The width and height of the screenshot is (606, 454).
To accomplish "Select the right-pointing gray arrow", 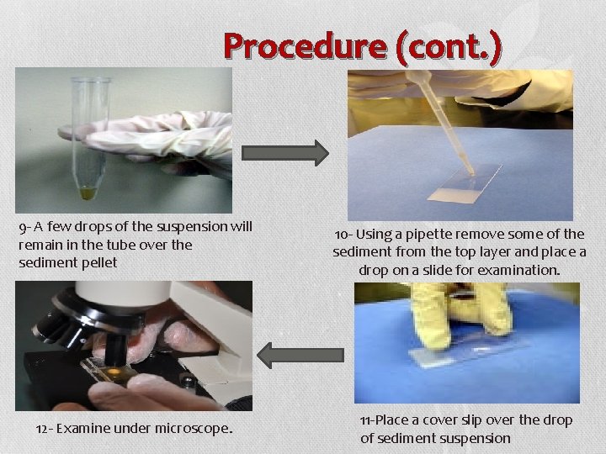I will [285, 152].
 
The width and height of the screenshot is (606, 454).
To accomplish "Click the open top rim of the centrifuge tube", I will [91, 81].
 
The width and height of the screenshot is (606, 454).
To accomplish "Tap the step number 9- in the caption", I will [25, 227].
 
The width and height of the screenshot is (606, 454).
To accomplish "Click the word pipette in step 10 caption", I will [433, 235].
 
